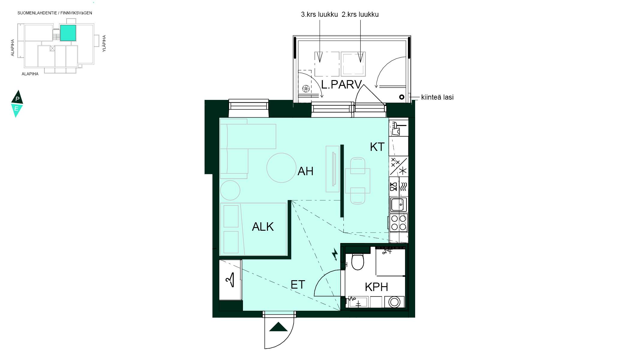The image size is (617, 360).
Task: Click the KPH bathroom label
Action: (x=376, y=287)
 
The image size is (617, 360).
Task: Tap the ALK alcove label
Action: (x=263, y=227)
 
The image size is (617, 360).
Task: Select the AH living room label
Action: (x=305, y=171)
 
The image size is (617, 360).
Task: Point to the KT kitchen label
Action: (x=377, y=147)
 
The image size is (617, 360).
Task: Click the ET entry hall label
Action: (x=298, y=285)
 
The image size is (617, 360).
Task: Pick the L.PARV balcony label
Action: (x=342, y=85)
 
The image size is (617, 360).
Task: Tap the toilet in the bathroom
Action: (x=358, y=262)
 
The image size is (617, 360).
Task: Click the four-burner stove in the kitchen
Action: (x=399, y=223)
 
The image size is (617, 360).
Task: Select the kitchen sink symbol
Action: (x=399, y=205)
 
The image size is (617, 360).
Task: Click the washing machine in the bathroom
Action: (x=394, y=302)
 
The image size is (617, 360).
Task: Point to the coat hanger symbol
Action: (x=230, y=280)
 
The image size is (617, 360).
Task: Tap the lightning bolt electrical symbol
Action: (x=335, y=254)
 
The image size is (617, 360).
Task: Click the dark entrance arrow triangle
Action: (x=278, y=327)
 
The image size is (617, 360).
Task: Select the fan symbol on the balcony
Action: (x=306, y=88)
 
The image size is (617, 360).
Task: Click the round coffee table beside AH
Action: (x=281, y=168)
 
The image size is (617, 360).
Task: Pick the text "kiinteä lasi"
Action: (x=437, y=97)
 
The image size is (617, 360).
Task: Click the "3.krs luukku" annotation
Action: (x=319, y=14)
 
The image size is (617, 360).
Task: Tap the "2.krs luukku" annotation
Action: (x=360, y=14)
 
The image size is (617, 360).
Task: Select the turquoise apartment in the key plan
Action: (x=68, y=33)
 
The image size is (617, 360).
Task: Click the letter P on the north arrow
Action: (x=17, y=99)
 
